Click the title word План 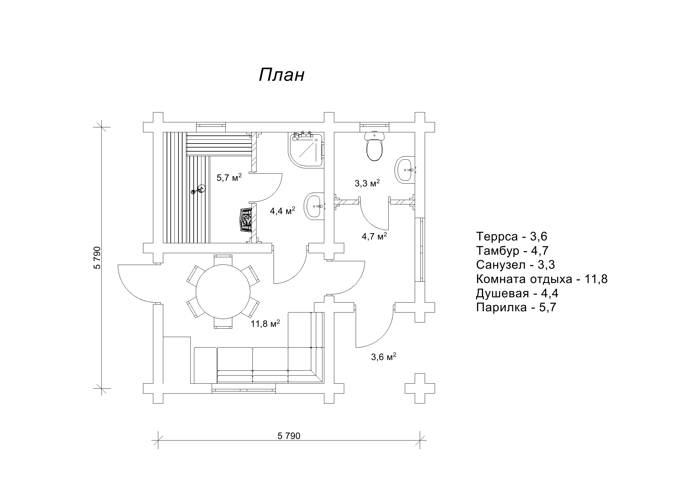(281, 75)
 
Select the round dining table (223, 291)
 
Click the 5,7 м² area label (229, 178)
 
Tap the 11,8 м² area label (265, 324)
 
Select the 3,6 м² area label (383, 357)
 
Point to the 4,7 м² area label (374, 236)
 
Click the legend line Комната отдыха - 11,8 (542, 279)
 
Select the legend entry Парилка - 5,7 (516, 308)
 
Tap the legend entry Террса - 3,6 (511, 237)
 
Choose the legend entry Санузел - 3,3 (515, 265)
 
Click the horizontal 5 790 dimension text (289, 436)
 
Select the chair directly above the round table (223, 260)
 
